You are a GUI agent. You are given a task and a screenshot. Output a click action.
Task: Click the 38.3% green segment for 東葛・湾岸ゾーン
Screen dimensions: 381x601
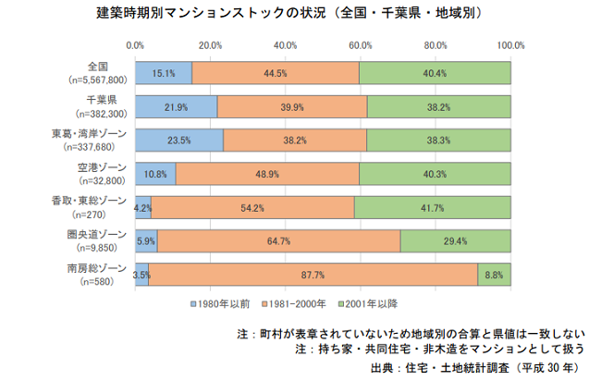[x=438, y=141]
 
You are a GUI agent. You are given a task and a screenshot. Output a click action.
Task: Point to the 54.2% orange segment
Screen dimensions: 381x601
[x=252, y=208]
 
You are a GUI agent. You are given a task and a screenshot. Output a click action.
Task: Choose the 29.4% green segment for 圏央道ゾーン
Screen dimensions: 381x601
[x=455, y=241]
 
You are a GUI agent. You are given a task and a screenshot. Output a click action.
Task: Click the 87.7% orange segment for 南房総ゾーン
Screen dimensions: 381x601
[x=313, y=275]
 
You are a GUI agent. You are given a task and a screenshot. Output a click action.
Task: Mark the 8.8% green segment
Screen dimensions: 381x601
[x=494, y=275]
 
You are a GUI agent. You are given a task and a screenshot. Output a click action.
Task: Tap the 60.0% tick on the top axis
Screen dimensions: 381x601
[x=360, y=43]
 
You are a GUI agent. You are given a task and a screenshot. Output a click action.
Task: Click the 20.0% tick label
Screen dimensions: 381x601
[x=210, y=43]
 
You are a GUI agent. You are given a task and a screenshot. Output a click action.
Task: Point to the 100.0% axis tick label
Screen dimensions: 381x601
[x=510, y=43]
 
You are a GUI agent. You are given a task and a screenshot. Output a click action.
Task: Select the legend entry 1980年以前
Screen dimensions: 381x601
[x=222, y=302]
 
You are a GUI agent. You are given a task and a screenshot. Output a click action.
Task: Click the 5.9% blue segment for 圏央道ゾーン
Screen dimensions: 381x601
[x=146, y=241]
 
